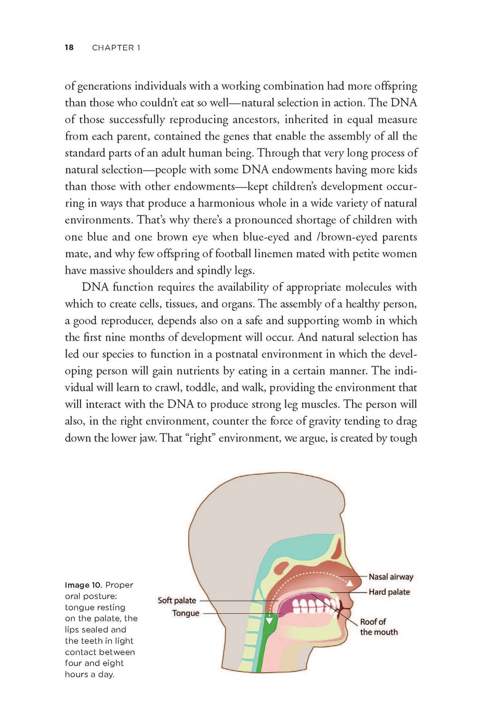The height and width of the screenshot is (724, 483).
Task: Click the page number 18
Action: point(69,47)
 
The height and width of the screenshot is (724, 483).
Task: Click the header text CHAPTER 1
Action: point(116,48)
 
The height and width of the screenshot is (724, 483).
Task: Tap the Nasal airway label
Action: point(390,576)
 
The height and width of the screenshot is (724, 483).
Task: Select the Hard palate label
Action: point(389,592)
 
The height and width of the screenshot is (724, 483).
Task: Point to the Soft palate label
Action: point(177,600)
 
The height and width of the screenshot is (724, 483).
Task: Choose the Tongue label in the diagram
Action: point(186,613)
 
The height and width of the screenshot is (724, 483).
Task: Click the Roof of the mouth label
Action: point(378,627)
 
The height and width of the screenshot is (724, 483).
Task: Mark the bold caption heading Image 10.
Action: point(83,585)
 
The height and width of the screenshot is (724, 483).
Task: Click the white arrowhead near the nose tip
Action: point(350,583)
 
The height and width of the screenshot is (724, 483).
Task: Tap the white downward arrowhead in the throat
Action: point(269,620)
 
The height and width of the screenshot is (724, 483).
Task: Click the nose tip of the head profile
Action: point(360,575)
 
